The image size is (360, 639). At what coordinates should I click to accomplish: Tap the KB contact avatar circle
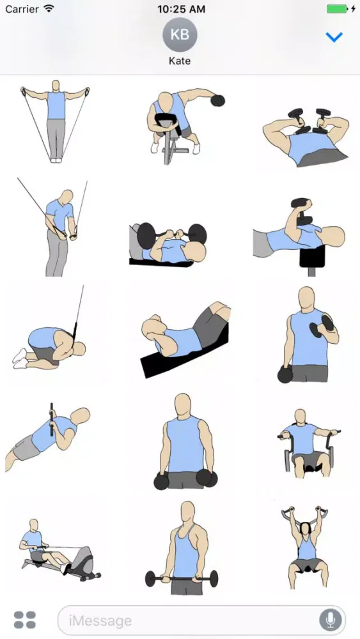click(180, 35)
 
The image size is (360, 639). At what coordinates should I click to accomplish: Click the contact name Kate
click(180, 61)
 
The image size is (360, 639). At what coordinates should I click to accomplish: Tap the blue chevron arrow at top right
click(334, 37)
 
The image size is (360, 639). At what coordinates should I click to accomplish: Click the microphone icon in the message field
click(331, 620)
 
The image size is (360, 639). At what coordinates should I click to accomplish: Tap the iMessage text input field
click(192, 620)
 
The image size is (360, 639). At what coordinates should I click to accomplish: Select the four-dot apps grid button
click(25, 620)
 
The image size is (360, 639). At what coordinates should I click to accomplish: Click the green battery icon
click(336, 9)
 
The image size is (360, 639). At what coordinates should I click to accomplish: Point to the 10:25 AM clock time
click(180, 9)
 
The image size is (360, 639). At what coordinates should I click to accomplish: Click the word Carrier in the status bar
click(22, 9)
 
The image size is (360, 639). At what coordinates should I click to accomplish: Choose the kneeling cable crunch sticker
click(51, 339)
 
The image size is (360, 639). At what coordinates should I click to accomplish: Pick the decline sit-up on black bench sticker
click(184, 339)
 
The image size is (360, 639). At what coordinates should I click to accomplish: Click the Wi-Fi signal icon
click(49, 9)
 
